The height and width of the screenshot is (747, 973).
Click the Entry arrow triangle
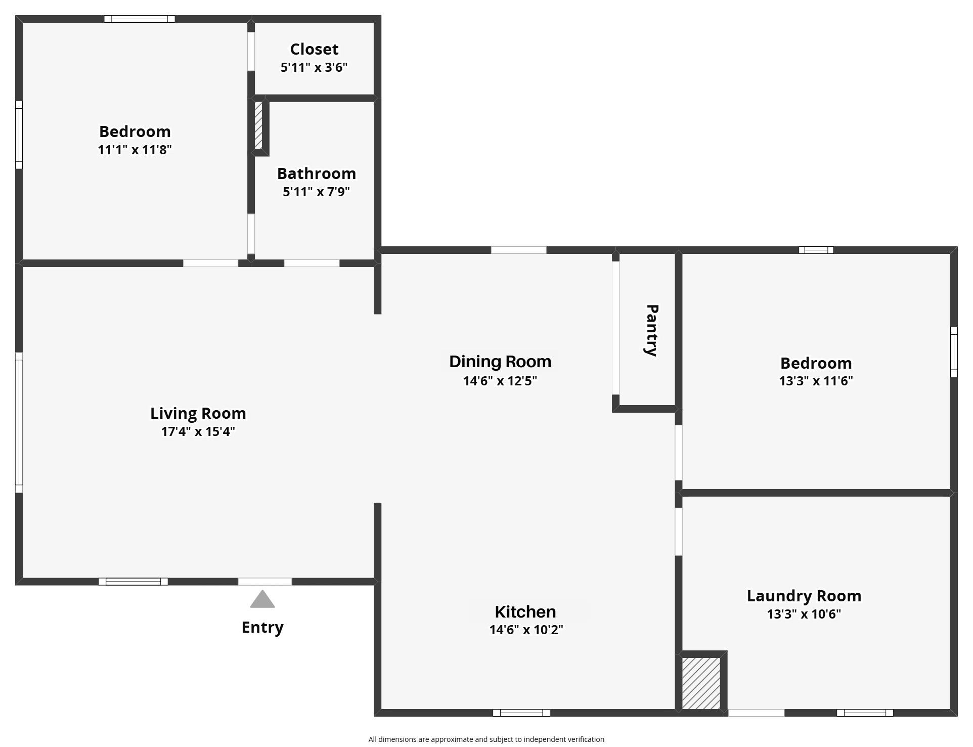point(262,600)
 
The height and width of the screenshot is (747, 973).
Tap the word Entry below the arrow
point(262,628)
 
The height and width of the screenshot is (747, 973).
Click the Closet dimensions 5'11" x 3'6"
point(314,67)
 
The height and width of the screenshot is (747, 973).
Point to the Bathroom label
point(317,173)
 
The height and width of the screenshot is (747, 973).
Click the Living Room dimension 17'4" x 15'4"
point(198,431)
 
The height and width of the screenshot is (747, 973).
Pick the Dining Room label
point(500,362)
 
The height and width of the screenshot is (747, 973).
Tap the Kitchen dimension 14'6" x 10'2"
point(526,630)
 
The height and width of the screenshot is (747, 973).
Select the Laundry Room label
point(804,596)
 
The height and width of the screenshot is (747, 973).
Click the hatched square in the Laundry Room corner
point(701,683)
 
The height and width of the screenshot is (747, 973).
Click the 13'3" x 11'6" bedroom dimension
point(816,381)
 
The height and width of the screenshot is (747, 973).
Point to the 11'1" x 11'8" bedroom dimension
point(135,150)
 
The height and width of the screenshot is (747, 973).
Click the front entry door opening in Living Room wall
point(265,582)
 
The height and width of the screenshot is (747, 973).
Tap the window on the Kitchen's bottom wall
point(521,713)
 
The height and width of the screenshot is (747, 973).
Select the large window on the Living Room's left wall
point(19,422)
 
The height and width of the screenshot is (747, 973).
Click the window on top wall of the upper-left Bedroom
point(140,19)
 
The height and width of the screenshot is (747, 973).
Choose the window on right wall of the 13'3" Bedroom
point(954,352)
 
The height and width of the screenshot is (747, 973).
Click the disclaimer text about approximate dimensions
point(486,739)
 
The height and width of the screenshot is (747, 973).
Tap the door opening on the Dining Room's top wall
point(518,250)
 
